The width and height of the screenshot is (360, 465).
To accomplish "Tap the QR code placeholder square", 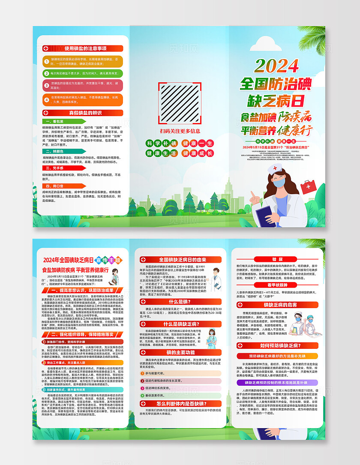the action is [x=180, y=102].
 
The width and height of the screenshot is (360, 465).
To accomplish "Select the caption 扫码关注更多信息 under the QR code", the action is [x=180, y=131].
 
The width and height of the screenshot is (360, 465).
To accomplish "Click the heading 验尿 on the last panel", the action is [x=277, y=259].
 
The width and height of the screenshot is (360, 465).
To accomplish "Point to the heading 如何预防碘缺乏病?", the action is [x=277, y=345].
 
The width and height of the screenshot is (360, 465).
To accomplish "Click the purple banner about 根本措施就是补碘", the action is [x=277, y=382].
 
